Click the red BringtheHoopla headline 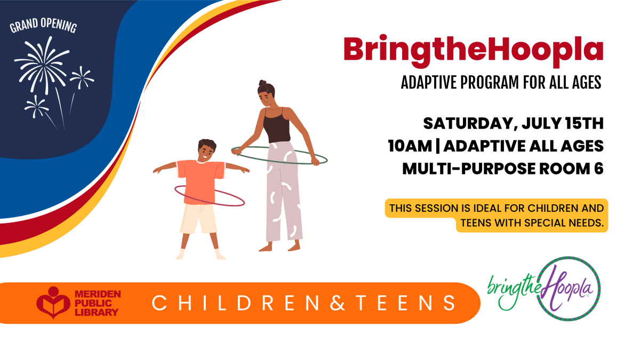pyautogui.click(x=474, y=50)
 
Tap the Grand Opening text pyautogui.click(x=43, y=27)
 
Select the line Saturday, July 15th pyautogui.click(x=513, y=124)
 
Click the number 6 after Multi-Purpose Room pyautogui.click(x=598, y=169)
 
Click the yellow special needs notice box pyautogui.click(x=496, y=215)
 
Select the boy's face pyautogui.click(x=205, y=151)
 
